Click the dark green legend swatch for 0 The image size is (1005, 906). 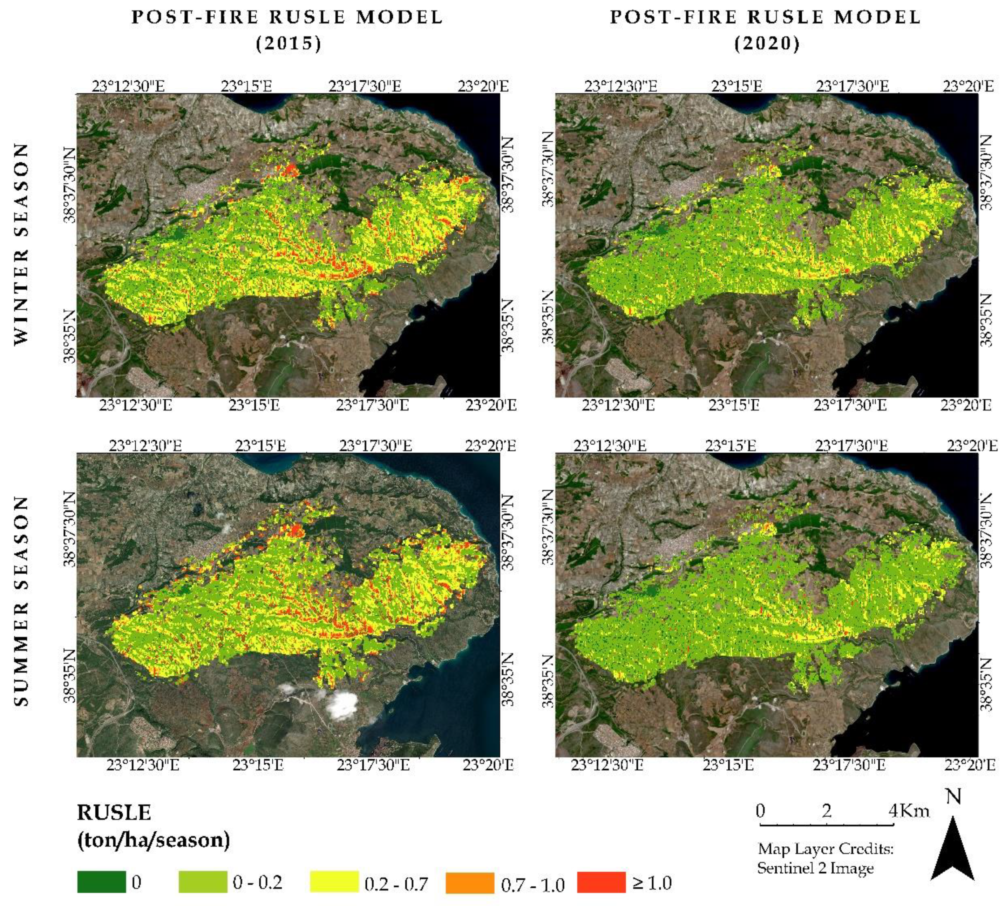click(102, 881)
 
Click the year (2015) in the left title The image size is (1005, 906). click(289, 43)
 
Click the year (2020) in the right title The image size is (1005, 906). click(767, 43)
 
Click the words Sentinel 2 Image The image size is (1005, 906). click(815, 868)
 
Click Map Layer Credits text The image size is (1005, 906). click(825, 848)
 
